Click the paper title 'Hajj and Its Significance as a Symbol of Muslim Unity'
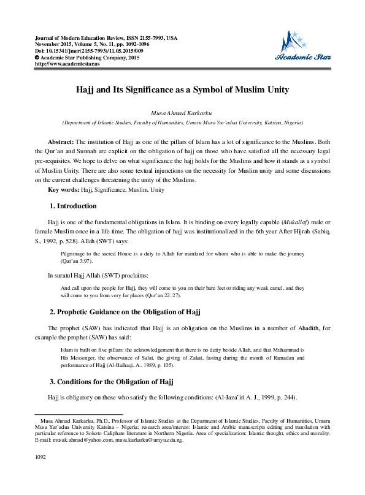(182, 89)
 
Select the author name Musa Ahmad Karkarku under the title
(182, 114)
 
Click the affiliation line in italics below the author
(182, 123)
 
